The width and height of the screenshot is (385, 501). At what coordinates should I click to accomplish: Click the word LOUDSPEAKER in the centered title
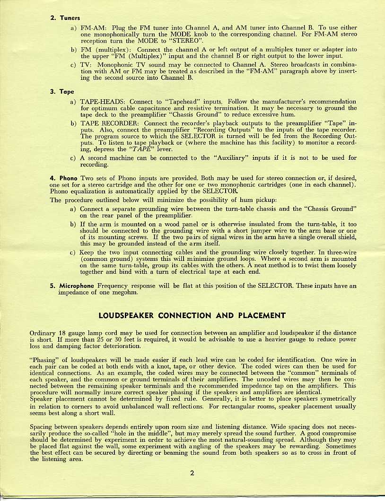coord(130,315)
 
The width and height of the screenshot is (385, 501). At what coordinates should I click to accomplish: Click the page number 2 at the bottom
coord(192,473)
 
